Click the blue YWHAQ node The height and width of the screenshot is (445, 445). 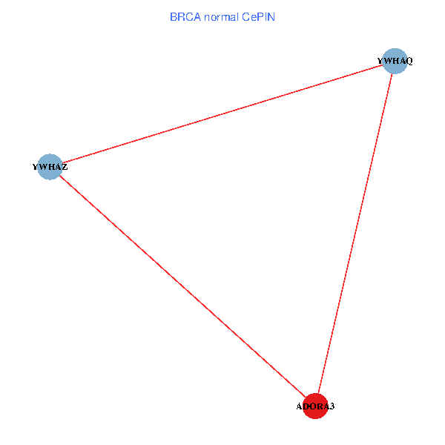(396, 61)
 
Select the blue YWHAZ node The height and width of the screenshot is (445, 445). (50, 167)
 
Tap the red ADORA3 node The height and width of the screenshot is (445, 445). (315, 406)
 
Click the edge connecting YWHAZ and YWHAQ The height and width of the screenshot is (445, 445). (222, 113)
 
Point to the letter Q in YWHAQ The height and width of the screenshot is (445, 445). (409, 61)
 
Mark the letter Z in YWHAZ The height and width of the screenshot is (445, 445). (65, 168)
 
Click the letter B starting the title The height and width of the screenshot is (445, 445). (174, 16)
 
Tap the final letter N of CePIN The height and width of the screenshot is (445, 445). (271, 16)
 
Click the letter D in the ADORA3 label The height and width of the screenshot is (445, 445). (306, 407)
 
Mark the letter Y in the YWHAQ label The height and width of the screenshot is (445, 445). (380, 61)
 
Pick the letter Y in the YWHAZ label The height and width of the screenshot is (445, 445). (36, 168)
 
